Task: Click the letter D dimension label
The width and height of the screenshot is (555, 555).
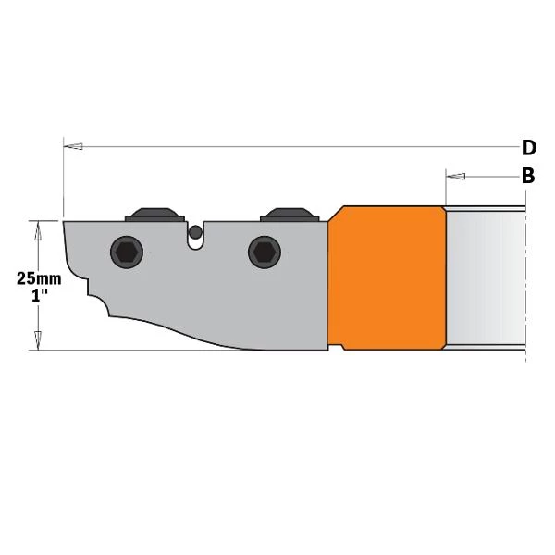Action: [x=529, y=148]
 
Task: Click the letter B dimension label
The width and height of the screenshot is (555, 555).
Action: [x=528, y=176]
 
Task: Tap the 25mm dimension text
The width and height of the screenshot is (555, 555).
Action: [x=39, y=279]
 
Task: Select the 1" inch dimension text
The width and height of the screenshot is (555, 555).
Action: [x=38, y=295]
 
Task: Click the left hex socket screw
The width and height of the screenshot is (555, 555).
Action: [x=127, y=252]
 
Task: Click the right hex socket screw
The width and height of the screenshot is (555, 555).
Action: [x=265, y=252]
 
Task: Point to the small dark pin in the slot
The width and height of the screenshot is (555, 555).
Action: [x=195, y=232]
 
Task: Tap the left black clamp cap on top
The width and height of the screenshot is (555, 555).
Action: [x=154, y=215]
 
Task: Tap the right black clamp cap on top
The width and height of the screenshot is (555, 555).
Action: [x=290, y=215]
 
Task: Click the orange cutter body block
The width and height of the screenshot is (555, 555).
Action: [x=387, y=277]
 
